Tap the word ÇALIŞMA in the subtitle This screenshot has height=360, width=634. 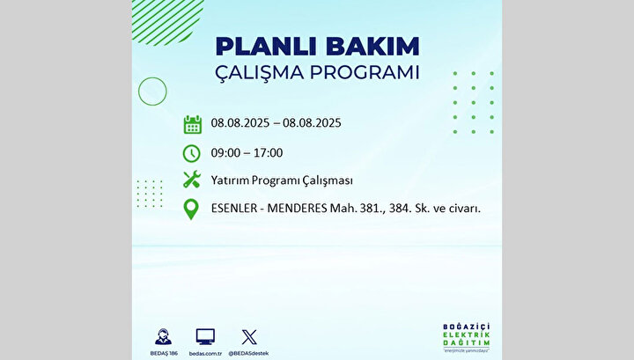(x=259, y=73)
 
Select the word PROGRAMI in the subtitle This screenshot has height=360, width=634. (x=365, y=72)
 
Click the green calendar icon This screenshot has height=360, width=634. (x=193, y=124)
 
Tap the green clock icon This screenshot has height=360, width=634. (x=191, y=153)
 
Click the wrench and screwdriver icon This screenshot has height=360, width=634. (x=192, y=180)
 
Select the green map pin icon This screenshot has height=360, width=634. (x=191, y=209)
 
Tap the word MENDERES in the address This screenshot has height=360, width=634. (x=298, y=208)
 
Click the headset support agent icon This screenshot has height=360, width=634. (x=164, y=337)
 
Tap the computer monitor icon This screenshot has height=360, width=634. (x=205, y=336)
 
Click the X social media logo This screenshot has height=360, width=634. (x=249, y=337)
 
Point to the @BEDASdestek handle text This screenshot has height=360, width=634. (x=248, y=354)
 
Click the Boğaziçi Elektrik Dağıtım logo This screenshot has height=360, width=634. (x=466, y=337)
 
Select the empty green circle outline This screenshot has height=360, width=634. (x=152, y=77)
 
